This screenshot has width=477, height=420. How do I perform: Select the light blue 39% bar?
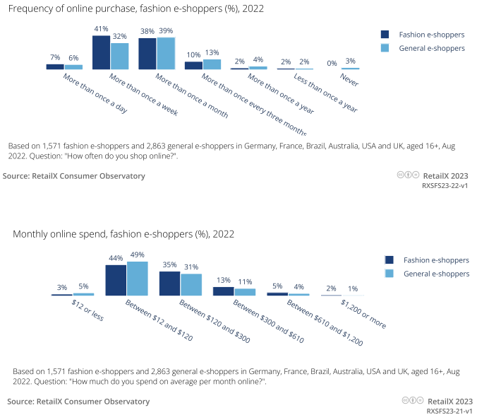pos(166,53)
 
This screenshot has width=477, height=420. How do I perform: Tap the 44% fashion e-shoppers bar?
pos(116,280)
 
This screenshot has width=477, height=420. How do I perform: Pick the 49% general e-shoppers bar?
pos(137,279)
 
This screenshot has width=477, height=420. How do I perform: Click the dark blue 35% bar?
pos(169,284)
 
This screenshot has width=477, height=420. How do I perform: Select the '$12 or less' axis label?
pos(87,310)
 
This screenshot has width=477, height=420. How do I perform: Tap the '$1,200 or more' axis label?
pos(363,314)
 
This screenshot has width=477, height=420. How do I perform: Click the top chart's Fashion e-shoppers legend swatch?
pos(385,34)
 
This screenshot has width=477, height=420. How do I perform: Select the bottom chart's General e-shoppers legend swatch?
pos(389,274)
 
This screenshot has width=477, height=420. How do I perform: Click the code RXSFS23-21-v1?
pos(449,410)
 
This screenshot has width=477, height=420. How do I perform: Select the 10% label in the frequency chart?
pos(193,55)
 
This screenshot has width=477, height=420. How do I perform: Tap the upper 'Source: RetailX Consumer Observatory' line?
pos(74,175)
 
